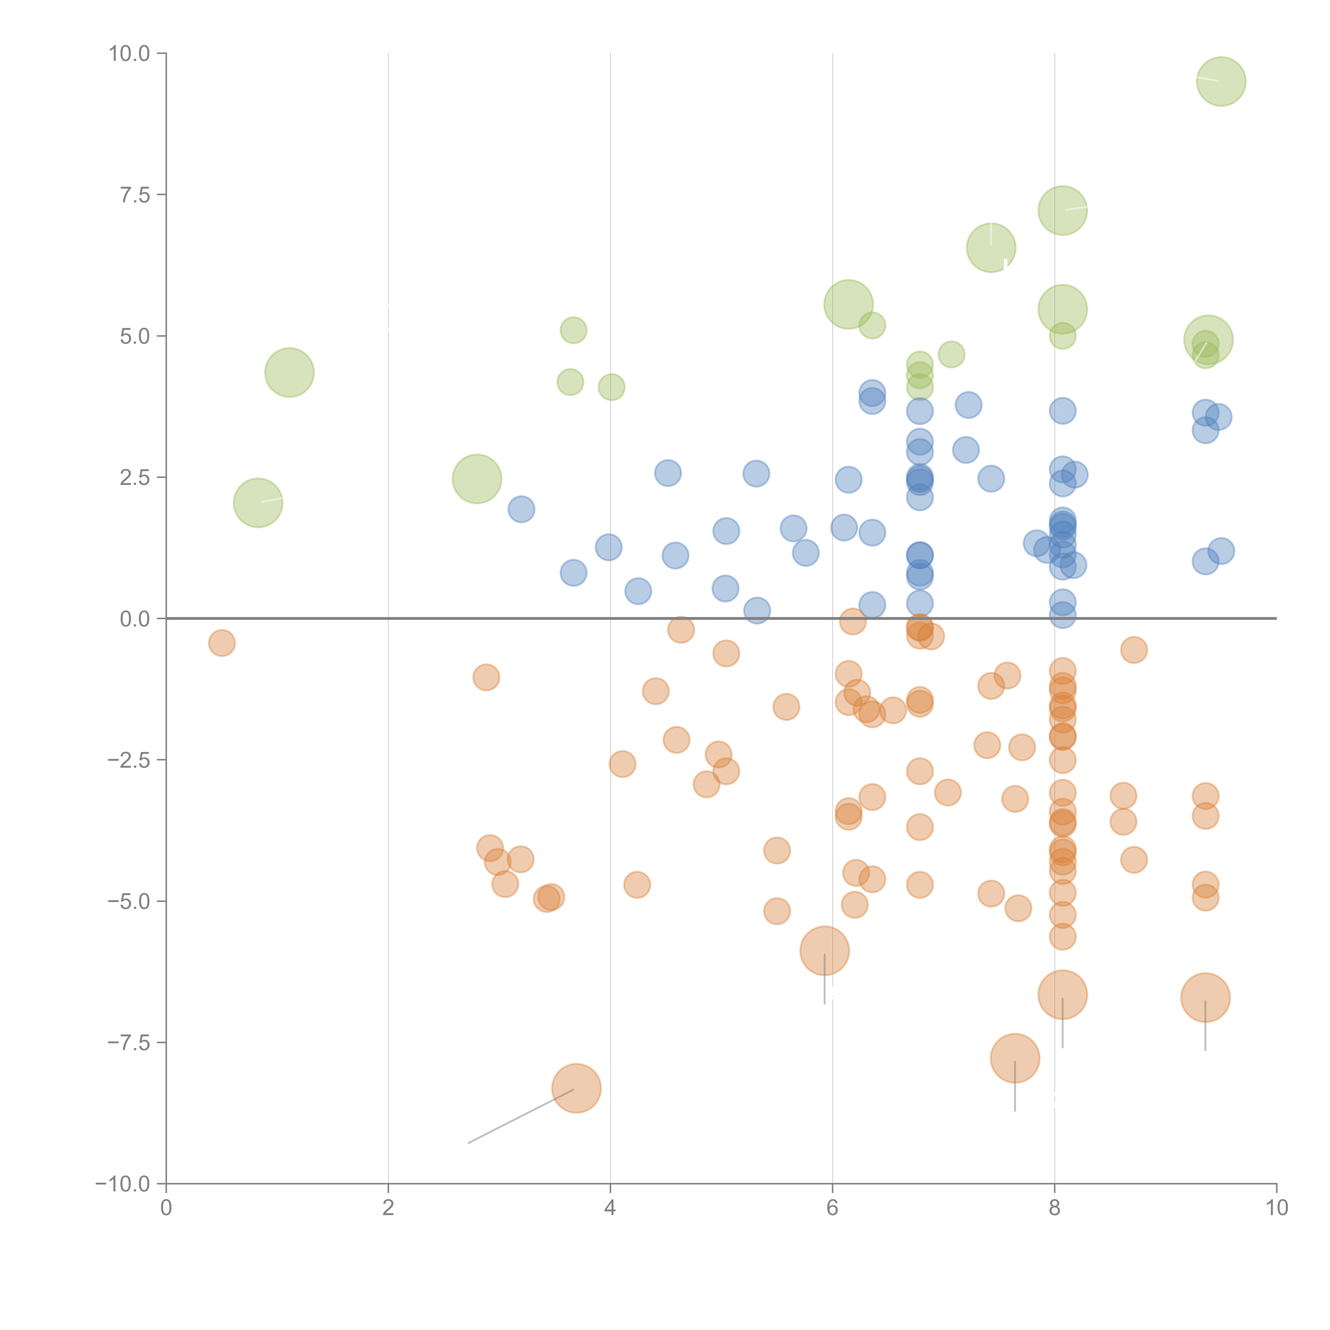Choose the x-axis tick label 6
(832, 1208)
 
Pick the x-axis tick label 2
(388, 1208)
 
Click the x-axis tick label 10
(1276, 1208)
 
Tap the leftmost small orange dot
(222, 643)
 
